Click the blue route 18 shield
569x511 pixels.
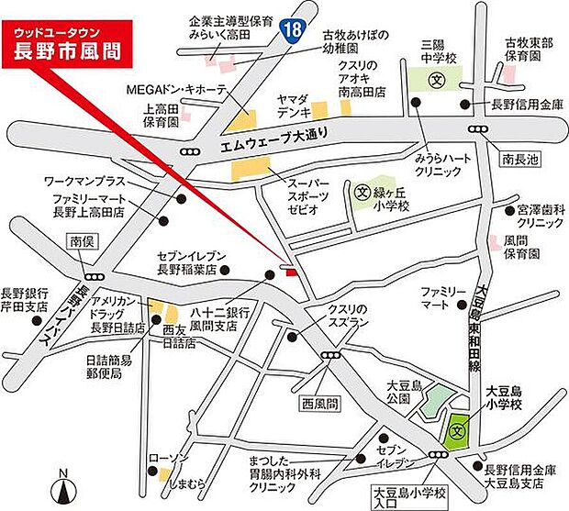click(x=291, y=30)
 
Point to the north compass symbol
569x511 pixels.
click(x=62, y=487)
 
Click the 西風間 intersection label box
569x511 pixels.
click(x=320, y=403)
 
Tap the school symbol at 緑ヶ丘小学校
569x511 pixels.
click(x=362, y=194)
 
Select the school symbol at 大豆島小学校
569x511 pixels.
click(x=458, y=428)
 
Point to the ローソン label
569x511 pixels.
click(x=171, y=459)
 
